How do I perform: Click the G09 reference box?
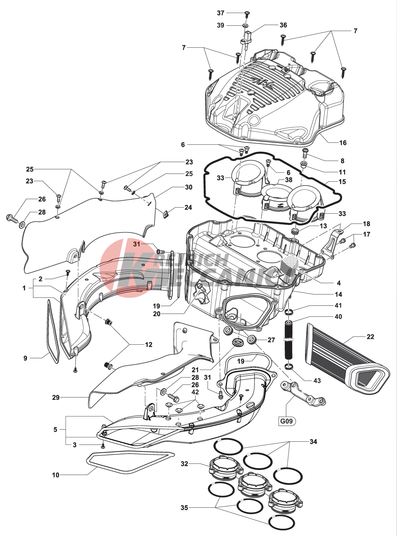point(286,421)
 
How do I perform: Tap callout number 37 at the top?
point(221,13)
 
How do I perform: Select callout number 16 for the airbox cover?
point(343,143)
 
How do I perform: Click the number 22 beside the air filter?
point(370,337)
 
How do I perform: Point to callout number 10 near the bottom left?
point(56,475)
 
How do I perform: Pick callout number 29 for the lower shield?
point(56,397)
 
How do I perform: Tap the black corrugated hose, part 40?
point(288,340)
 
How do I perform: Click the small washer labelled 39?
point(245,25)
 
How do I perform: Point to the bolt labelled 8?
point(305,152)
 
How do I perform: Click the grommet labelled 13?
point(295,231)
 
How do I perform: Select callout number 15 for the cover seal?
point(342,182)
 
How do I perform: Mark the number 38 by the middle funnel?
point(289,180)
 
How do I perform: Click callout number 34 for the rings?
point(313,442)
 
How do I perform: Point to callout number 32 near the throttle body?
point(185,464)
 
